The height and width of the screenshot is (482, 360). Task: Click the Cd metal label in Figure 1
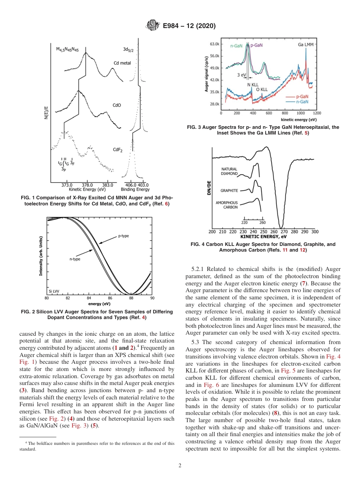(x=122, y=63)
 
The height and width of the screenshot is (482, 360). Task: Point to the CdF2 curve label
(x=117, y=150)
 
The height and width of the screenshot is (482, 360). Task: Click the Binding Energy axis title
(x=135, y=189)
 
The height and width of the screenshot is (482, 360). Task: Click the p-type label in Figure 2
(x=123, y=236)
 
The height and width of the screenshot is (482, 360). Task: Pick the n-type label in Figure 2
(x=75, y=259)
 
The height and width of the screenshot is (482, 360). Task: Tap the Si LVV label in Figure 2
(x=53, y=291)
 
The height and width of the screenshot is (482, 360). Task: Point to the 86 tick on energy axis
(x=110, y=298)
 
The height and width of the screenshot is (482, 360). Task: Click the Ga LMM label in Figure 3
(x=305, y=45)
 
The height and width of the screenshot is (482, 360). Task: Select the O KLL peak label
(x=262, y=89)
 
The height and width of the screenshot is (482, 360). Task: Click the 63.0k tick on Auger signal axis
(x=214, y=44)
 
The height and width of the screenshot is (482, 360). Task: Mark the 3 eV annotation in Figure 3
(x=241, y=75)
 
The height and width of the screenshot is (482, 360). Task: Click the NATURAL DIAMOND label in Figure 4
(x=229, y=171)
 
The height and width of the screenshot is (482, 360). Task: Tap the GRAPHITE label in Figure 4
(x=229, y=190)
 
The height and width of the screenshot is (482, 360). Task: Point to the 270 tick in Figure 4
(x=284, y=232)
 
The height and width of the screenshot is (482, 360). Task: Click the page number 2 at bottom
(x=180, y=466)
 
